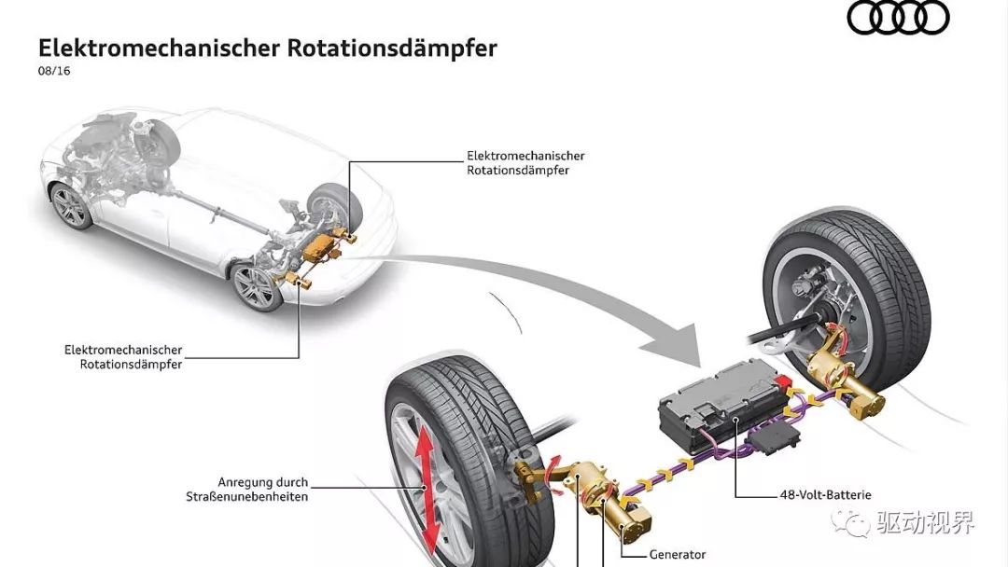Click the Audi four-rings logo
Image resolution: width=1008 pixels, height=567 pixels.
[898, 18]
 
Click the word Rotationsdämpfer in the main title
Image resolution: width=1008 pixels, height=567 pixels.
[391, 48]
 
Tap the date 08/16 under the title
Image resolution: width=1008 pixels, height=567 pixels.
[54, 71]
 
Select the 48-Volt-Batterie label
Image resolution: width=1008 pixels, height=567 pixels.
[825, 495]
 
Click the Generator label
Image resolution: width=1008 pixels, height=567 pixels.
[677, 554]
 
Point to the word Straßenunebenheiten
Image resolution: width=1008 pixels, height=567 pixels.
[246, 496]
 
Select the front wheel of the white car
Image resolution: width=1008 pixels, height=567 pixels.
[70, 205]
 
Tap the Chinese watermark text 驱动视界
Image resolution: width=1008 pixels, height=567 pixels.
[926, 522]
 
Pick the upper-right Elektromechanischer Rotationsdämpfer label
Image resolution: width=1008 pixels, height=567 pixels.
[525, 163]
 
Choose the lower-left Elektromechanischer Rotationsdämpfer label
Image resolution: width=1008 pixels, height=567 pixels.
[123, 357]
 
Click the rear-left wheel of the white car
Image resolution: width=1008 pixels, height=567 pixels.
[256, 286]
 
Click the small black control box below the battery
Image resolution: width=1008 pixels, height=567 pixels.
[774, 439]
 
